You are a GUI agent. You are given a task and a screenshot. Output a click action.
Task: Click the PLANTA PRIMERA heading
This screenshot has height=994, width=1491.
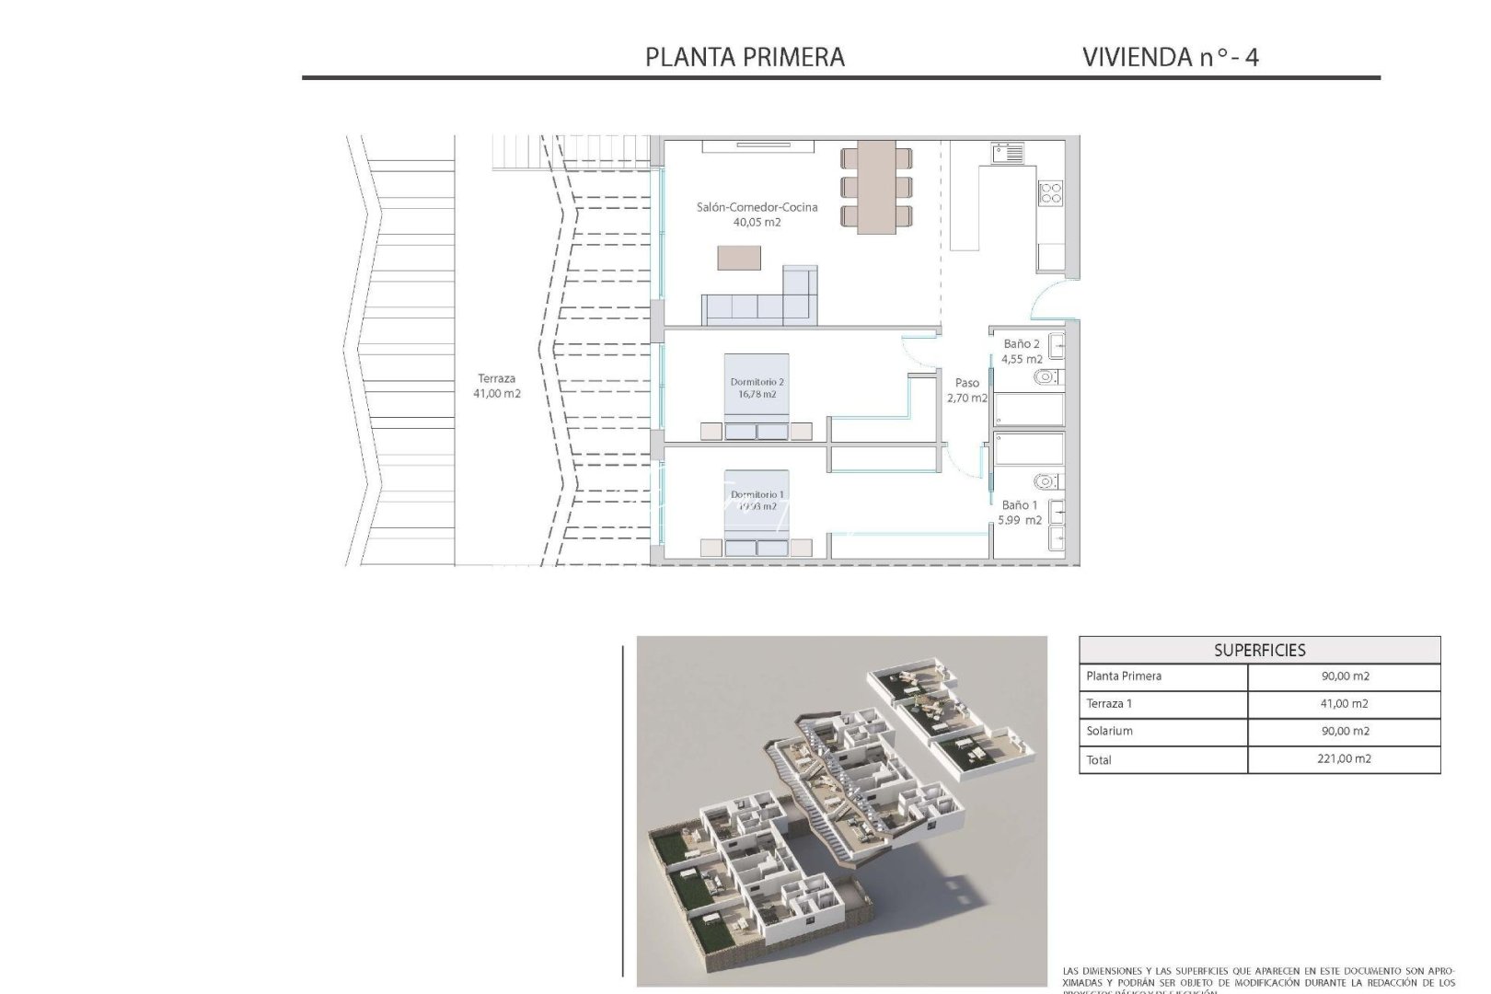745,57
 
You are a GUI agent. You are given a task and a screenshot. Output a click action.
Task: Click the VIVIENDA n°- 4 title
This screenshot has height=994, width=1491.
1171,57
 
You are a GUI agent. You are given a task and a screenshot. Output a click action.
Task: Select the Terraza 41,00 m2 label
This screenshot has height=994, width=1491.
496,385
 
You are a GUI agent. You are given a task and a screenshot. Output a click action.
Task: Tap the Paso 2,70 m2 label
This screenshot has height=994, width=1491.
966,390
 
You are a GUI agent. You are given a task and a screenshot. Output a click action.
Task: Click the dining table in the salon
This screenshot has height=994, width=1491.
876,187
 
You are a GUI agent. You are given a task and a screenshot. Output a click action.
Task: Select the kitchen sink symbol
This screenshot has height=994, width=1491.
1008,153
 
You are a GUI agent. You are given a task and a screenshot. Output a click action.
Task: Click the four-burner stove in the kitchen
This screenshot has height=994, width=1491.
1050,193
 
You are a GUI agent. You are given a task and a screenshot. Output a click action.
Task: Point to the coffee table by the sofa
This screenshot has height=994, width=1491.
739,257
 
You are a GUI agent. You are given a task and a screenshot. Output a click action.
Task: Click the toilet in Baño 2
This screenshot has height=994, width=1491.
1046,377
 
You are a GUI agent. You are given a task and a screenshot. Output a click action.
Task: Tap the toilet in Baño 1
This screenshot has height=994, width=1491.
1046,481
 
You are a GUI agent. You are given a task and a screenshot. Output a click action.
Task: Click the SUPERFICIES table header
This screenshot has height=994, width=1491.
1259,650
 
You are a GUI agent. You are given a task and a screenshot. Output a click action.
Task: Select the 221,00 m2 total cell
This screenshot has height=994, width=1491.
1344,759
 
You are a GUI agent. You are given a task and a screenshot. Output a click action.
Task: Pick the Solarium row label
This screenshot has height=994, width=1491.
1110,731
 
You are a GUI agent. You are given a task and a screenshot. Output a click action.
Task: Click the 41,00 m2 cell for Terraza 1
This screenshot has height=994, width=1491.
1344,703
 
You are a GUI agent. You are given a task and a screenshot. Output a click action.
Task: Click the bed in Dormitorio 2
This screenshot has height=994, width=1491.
757,396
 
